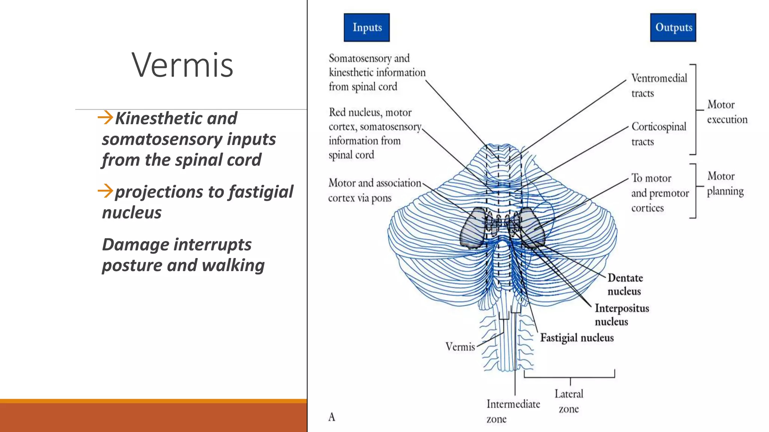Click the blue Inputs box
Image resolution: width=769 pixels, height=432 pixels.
coord(366,27)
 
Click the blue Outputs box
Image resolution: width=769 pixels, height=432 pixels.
coord(673,27)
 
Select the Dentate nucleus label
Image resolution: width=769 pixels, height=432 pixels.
coord(625,284)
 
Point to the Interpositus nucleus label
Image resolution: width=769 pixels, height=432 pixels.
coord(621,315)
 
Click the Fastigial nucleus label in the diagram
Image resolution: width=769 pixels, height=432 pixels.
coord(577,338)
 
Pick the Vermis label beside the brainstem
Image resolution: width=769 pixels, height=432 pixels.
coord(460,347)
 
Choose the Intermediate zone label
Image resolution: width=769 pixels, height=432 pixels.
coord(513,411)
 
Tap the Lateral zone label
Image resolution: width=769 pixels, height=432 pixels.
coord(569,401)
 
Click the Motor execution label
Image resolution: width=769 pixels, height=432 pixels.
coord(727,112)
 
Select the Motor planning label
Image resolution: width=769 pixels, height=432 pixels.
coord(725,184)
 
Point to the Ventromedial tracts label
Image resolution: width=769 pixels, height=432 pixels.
coord(659,85)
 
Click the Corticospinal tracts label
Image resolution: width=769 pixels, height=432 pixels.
coord(659,134)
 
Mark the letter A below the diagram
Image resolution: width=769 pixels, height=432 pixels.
coord(332,417)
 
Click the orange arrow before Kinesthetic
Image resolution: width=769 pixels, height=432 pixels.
coord(105,117)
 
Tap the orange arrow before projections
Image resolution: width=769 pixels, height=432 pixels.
coord(105,191)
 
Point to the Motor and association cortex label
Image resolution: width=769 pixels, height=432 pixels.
coord(374,190)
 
